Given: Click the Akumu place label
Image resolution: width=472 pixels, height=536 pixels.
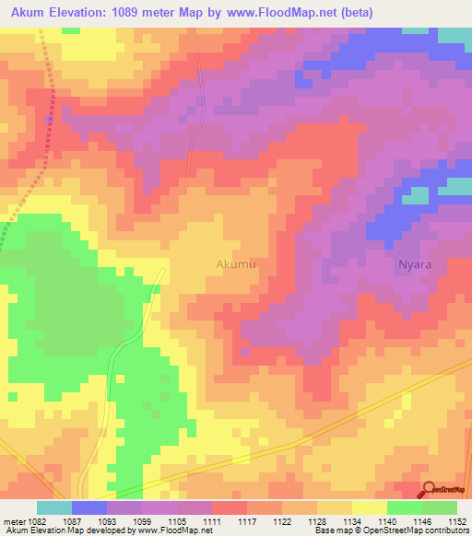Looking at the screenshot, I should (235, 264).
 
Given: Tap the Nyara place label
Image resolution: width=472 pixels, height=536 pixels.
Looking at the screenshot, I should (415, 264).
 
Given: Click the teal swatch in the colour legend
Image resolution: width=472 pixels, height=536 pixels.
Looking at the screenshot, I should (54, 507).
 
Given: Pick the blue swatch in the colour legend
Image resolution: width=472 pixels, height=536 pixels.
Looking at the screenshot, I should (89, 507).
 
